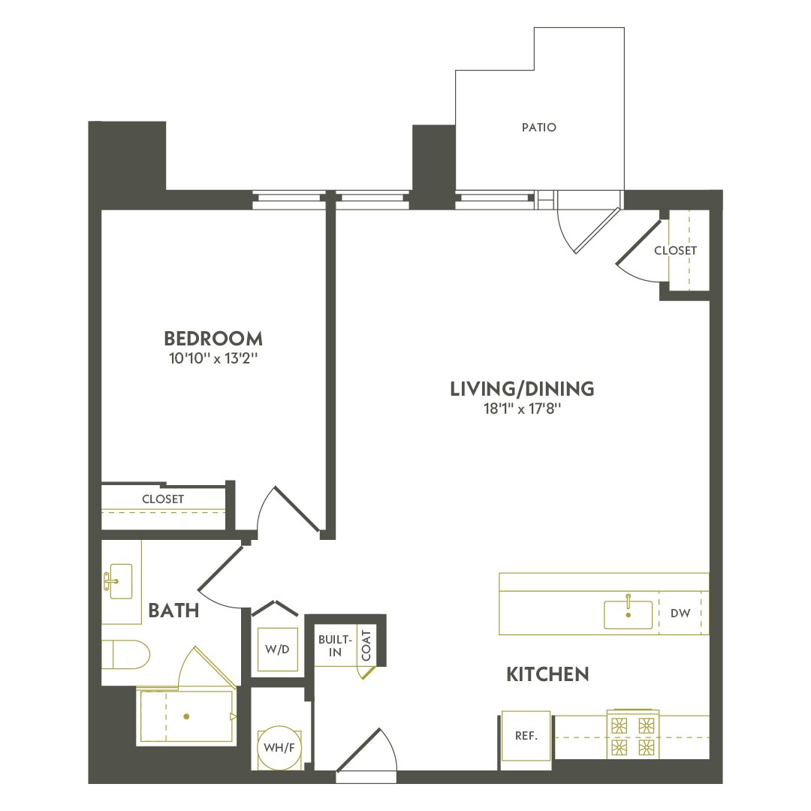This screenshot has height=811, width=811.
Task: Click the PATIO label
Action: (x=539, y=128)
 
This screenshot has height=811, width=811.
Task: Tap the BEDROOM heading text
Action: (x=213, y=338)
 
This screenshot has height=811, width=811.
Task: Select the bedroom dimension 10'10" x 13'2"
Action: (x=213, y=359)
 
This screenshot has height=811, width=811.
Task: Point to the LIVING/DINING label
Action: (x=522, y=389)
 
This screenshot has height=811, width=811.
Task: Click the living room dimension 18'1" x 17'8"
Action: (x=522, y=409)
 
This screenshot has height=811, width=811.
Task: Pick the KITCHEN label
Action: (x=547, y=674)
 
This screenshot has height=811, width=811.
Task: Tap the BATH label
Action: (x=173, y=611)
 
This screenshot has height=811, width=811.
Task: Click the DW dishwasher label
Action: (x=680, y=614)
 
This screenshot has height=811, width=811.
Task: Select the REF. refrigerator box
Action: (x=526, y=736)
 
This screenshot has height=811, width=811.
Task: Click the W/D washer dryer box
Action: (x=277, y=649)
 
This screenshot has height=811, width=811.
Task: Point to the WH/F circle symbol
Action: (x=277, y=747)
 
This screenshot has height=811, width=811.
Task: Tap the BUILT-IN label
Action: (x=334, y=645)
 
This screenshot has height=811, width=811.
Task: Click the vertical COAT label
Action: (x=366, y=645)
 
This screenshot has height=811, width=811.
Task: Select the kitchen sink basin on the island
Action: (x=628, y=614)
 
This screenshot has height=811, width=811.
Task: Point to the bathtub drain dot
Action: (x=186, y=716)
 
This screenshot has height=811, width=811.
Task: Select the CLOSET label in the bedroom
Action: (x=163, y=499)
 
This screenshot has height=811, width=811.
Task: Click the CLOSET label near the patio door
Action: (x=675, y=250)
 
